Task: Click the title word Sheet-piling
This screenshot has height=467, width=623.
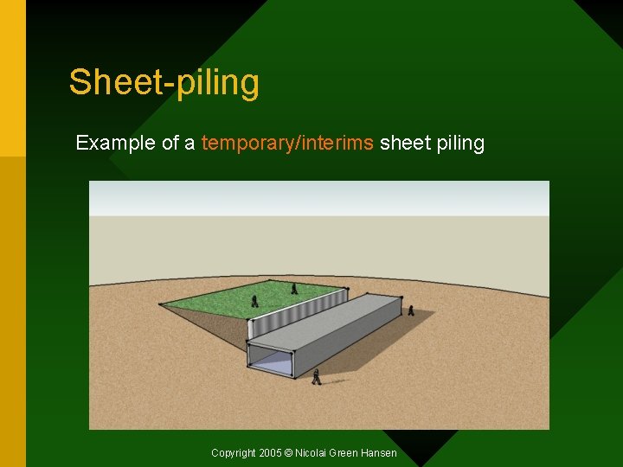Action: (x=164, y=83)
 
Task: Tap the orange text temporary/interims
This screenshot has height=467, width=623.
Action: (x=287, y=143)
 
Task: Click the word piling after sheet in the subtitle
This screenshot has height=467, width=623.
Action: (x=460, y=143)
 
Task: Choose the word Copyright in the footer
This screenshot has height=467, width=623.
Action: (x=234, y=453)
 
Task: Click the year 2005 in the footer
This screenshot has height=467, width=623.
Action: (x=270, y=453)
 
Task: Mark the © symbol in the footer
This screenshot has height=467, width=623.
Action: (x=289, y=453)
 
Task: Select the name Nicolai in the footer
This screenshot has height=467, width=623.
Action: (x=311, y=453)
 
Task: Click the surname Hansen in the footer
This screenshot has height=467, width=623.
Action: (x=379, y=453)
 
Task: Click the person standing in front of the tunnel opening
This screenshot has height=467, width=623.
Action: (x=317, y=376)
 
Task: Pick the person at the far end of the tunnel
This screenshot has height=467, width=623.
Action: (x=410, y=309)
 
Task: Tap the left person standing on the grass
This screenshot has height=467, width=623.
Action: (x=254, y=301)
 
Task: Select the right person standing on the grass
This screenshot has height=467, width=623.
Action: (x=294, y=289)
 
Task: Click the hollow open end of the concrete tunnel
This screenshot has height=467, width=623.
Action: (x=270, y=362)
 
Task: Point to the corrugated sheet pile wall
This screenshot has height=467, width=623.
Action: (x=294, y=313)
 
